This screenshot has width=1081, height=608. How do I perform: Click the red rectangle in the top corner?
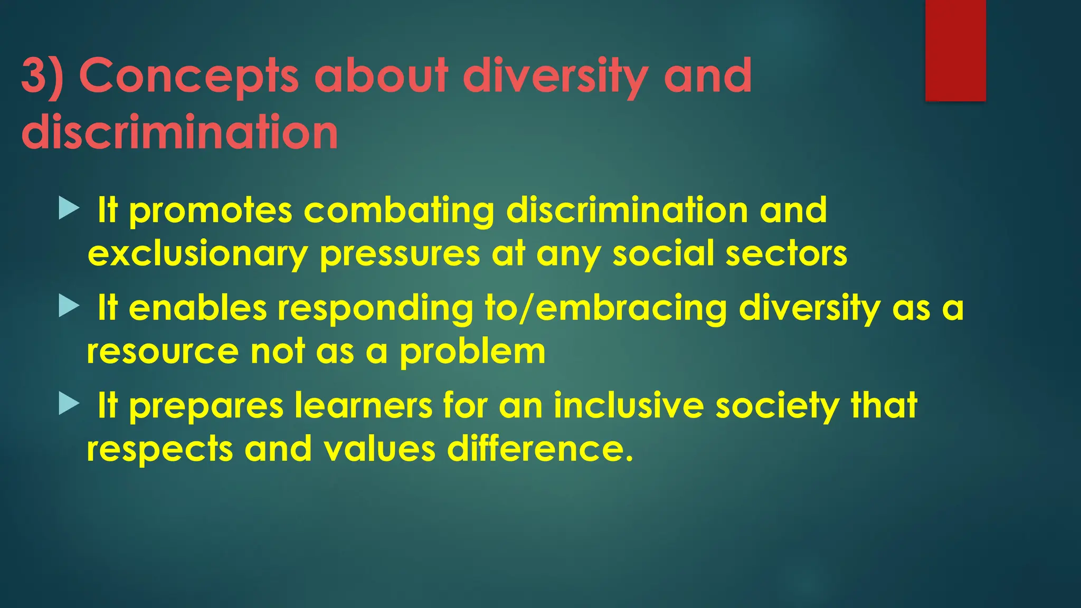tap(955, 50)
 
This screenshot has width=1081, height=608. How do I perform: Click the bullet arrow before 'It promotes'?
tap(69, 208)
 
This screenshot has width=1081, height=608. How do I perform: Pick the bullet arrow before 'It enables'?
tap(69, 306)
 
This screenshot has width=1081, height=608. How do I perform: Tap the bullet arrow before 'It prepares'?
tap(69, 404)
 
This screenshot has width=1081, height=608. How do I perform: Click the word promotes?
tap(210, 211)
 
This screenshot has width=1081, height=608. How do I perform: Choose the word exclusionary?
tap(197, 254)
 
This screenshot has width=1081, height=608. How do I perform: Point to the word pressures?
tap(400, 254)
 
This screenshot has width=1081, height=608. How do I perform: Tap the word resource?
tap(163, 352)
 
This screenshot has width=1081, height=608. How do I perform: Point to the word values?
tap(380, 449)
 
